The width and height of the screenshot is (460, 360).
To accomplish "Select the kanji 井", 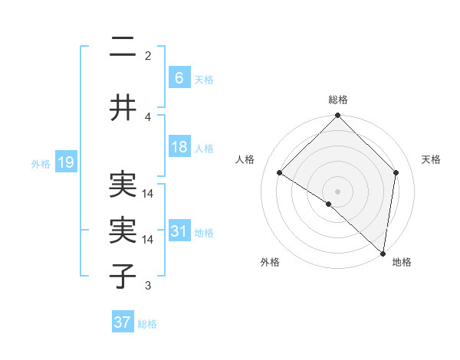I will pyautogui.click(x=123, y=108).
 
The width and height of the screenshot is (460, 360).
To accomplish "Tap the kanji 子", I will pyautogui.click(x=123, y=276).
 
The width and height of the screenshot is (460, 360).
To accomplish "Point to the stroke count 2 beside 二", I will pyautogui.click(x=148, y=55).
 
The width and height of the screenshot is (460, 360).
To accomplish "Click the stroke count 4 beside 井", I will pyautogui.click(x=148, y=116).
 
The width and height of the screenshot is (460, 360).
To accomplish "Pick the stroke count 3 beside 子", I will pyautogui.click(x=148, y=286).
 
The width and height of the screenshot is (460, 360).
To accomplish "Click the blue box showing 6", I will pyautogui.click(x=179, y=77).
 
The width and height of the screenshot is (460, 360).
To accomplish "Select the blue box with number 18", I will pyautogui.click(x=179, y=147).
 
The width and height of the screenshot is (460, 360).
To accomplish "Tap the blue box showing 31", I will pyautogui.click(x=179, y=231).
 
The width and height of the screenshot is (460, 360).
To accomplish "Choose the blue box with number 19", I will pyautogui.click(x=65, y=162).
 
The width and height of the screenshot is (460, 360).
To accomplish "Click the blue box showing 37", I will pyautogui.click(x=122, y=322).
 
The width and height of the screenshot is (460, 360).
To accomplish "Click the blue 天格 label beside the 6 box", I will pyautogui.click(x=203, y=80).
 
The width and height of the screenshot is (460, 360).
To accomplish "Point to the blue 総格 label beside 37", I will pyautogui.click(x=147, y=325).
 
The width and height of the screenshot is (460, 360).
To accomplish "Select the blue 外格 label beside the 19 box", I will pyautogui.click(x=41, y=164).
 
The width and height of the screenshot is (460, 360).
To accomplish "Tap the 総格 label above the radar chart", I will pyautogui.click(x=338, y=100).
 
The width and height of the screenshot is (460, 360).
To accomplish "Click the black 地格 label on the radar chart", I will pyautogui.click(x=402, y=263).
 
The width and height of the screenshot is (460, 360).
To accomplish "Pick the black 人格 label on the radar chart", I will pyautogui.click(x=245, y=159).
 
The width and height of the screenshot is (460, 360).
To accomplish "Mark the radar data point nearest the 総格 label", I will pyautogui.click(x=338, y=116).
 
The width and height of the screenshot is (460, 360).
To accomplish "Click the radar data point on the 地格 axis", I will pyautogui.click(x=383, y=253).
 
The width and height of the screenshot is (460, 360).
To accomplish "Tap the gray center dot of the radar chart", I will pyautogui.click(x=338, y=191).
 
